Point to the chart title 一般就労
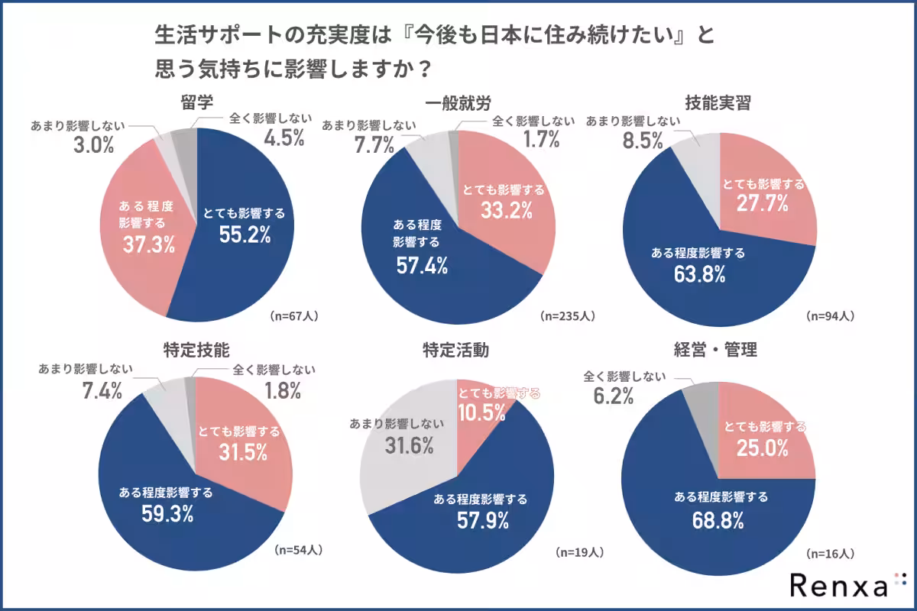[457, 102]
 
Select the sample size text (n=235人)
[567, 315]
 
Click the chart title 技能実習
[718, 102]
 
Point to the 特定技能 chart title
[196, 351]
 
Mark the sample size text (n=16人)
[830, 552]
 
